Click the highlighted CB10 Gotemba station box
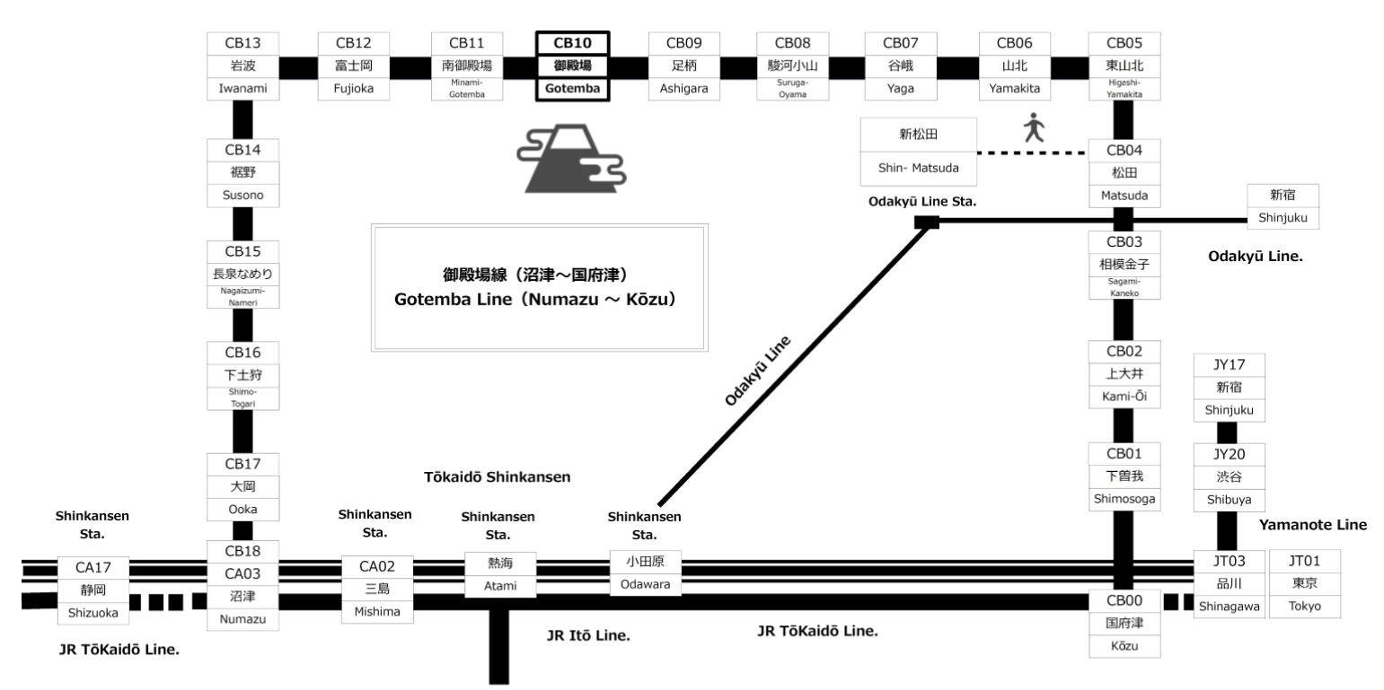(572, 66)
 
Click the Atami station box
(498, 575)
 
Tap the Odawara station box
(644, 574)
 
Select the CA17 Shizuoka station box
(93, 590)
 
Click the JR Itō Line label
(588, 635)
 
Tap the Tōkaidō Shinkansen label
(497, 477)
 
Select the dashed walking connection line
(1030, 154)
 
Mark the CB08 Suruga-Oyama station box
(791, 66)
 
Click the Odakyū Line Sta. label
(921, 201)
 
